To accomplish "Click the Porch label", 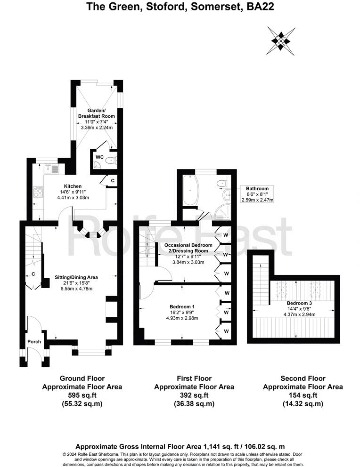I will (x=34, y=342).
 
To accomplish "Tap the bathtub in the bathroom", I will (x=191, y=191).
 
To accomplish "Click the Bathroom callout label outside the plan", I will (x=257, y=189).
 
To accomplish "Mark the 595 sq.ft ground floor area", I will (x=82, y=395).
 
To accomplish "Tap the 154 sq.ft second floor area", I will (x=302, y=395).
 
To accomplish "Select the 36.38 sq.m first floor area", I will (x=194, y=404).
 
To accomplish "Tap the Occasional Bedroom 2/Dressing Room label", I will (x=188, y=248).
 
